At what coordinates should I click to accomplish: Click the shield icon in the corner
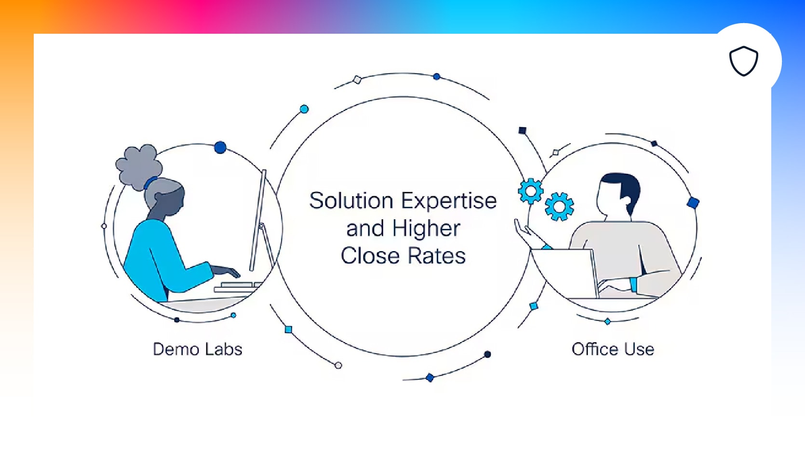tap(744, 61)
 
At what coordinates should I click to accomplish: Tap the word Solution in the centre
tap(351, 200)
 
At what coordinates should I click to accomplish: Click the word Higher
tap(426, 229)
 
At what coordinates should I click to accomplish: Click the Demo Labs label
tap(198, 349)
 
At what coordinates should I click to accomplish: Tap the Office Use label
tap(613, 349)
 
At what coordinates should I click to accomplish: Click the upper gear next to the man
tap(530, 191)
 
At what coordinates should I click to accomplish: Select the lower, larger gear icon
tap(559, 207)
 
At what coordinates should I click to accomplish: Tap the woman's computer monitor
tap(258, 220)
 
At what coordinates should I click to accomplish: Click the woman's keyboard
tap(237, 286)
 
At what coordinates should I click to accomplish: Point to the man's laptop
tap(564, 273)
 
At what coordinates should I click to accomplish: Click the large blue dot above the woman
tap(220, 147)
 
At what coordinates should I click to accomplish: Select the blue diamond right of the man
tap(693, 203)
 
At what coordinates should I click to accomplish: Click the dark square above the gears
tap(523, 131)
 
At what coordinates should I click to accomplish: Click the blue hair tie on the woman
tap(150, 183)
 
